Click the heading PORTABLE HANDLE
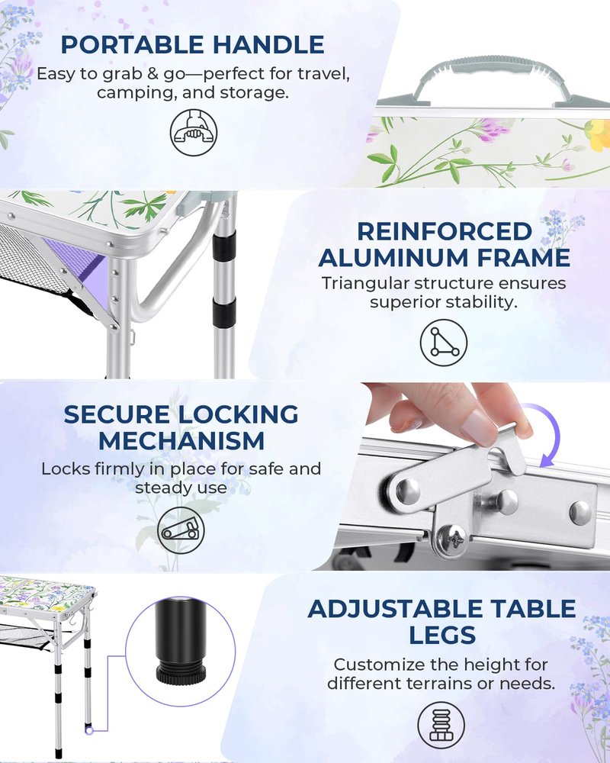tap(193, 45)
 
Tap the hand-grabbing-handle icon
tap(194, 132)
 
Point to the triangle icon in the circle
tap(444, 343)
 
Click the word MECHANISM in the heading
tap(181, 441)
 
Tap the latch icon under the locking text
tap(181, 530)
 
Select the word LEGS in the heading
tap(441, 635)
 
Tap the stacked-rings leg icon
tap(441, 726)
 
